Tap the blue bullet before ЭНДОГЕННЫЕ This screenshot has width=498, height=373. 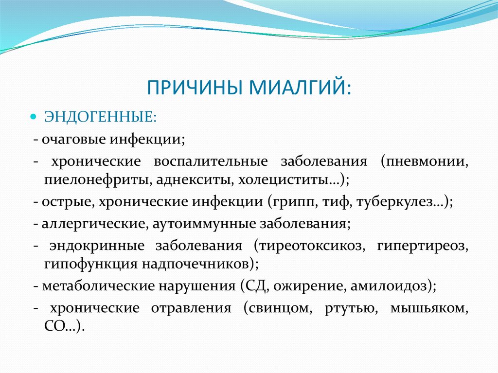[x=34, y=118]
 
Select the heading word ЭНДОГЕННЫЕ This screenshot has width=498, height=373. [x=100, y=119]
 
